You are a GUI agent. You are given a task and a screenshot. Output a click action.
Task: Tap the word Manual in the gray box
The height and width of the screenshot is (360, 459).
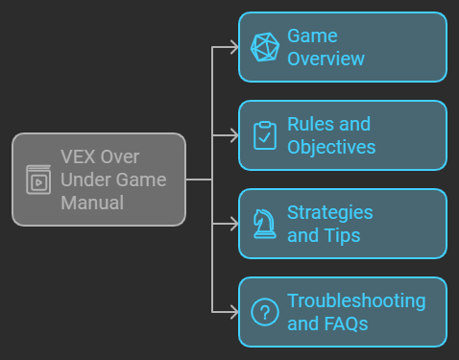point(92,203)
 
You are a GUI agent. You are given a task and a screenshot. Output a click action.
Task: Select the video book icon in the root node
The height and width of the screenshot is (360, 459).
point(38,180)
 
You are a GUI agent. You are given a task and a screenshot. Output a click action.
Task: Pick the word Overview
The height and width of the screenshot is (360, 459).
point(326,59)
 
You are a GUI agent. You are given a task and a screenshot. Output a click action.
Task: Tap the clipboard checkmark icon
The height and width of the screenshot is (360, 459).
point(264,135)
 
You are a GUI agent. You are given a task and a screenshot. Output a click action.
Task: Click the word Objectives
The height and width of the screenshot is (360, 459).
point(331,147)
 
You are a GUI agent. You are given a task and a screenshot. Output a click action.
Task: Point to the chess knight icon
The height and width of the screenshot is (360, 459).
point(264,224)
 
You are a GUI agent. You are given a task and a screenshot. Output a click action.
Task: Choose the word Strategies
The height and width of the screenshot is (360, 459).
point(329,212)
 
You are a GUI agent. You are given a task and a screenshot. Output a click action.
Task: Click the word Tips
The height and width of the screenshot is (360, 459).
point(342,235)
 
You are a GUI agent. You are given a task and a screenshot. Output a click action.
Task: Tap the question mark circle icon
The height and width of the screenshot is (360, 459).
point(264,312)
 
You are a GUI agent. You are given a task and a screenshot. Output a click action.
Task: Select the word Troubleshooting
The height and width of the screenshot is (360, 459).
point(355,300)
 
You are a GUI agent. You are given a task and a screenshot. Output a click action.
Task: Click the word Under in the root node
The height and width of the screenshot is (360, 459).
point(83,180)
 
